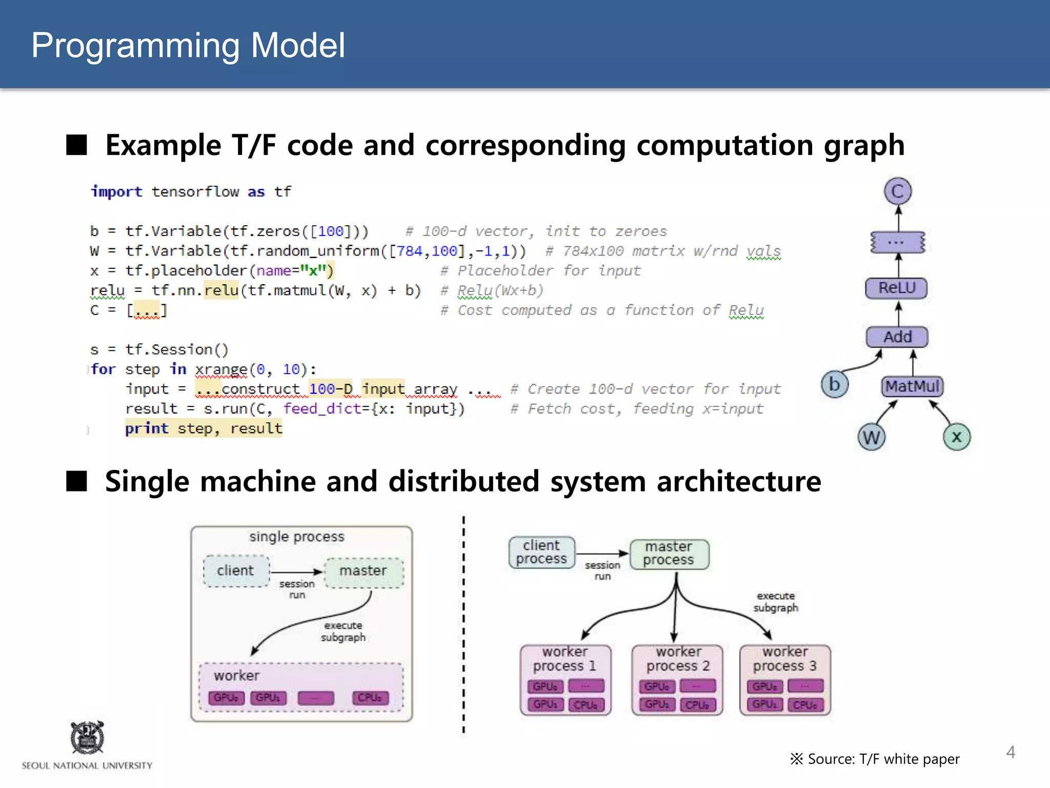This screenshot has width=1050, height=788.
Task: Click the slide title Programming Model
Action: click(x=188, y=45)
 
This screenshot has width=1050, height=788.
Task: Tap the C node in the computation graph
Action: click(x=898, y=191)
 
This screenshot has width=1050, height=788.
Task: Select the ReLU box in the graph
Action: click(x=897, y=288)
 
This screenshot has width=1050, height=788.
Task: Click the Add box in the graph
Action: click(x=897, y=337)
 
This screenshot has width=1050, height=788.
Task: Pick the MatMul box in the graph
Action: click(x=913, y=386)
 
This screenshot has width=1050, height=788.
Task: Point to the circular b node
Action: click(x=835, y=384)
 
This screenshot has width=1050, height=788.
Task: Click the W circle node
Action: click(x=871, y=438)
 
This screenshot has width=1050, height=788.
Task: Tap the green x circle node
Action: click(x=957, y=437)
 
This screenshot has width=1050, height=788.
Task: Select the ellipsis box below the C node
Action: click(x=897, y=242)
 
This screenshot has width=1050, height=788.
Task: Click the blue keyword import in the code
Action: click(x=116, y=192)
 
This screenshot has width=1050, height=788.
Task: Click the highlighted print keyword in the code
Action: click(x=147, y=428)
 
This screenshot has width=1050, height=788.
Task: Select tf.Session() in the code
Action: click(x=177, y=350)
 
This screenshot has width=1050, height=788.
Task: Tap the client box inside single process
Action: click(x=236, y=570)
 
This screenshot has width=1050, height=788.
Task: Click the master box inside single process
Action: click(x=364, y=571)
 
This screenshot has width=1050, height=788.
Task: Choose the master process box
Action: click(x=669, y=554)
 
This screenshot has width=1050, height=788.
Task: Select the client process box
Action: click(x=541, y=552)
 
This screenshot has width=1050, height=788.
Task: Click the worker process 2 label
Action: click(x=678, y=659)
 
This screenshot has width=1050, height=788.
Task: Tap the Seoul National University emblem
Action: click(x=87, y=737)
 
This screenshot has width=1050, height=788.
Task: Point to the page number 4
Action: click(x=1011, y=752)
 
